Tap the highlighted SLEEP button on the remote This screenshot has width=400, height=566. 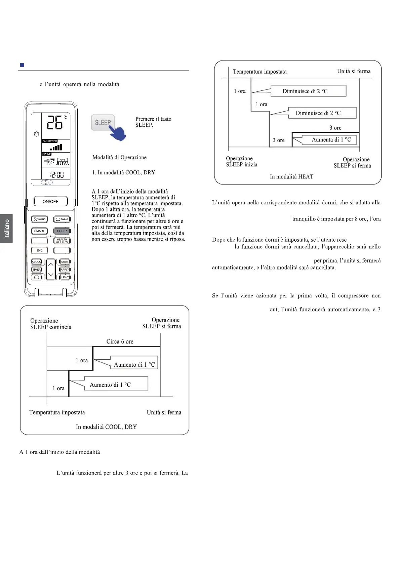click(62, 231)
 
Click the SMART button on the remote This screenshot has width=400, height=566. click(39, 231)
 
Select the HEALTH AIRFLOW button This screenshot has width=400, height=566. click(62, 241)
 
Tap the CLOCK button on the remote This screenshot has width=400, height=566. click(36, 261)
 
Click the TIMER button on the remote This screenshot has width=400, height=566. click(36, 270)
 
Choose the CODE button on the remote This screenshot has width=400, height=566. click(65, 261)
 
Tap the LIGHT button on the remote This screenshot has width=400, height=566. click(65, 277)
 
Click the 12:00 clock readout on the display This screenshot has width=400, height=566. click(57, 175)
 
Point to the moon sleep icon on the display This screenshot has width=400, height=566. click(46, 183)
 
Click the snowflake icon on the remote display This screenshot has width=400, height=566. click(37, 134)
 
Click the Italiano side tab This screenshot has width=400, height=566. click(6, 229)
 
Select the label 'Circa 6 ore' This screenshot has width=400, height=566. click(120, 341)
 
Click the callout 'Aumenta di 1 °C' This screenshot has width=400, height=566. click(331, 140)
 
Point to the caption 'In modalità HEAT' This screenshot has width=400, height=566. click(291, 177)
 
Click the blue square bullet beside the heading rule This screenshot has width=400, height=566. click(22, 65)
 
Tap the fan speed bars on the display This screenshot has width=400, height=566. click(56, 148)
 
